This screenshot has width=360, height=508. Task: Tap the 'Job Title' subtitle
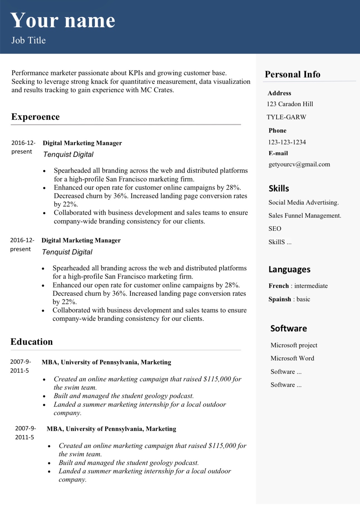click(28, 40)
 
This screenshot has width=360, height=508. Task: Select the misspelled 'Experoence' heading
click(35, 117)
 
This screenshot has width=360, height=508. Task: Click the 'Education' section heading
click(31, 342)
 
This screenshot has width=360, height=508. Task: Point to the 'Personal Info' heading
click(292, 74)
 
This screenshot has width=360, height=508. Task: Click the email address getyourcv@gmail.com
click(299, 164)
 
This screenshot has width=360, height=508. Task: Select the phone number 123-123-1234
click(287, 142)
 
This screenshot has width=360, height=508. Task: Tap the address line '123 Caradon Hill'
click(290, 104)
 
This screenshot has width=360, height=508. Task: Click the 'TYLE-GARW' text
click(286, 117)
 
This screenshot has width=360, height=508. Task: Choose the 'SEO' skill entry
click(275, 229)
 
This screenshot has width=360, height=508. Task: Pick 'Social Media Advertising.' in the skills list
click(303, 202)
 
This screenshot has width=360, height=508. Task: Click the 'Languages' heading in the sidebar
click(289, 269)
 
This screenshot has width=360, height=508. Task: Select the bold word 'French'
click(278, 286)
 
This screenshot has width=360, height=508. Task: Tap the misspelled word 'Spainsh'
click(279, 299)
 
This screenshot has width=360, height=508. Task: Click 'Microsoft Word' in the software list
click(292, 358)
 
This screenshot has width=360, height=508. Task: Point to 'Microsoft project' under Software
click(294, 345)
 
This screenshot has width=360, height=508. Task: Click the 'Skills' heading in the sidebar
click(279, 188)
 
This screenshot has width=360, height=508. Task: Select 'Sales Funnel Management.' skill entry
click(305, 216)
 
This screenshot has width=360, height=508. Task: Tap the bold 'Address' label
click(279, 93)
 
